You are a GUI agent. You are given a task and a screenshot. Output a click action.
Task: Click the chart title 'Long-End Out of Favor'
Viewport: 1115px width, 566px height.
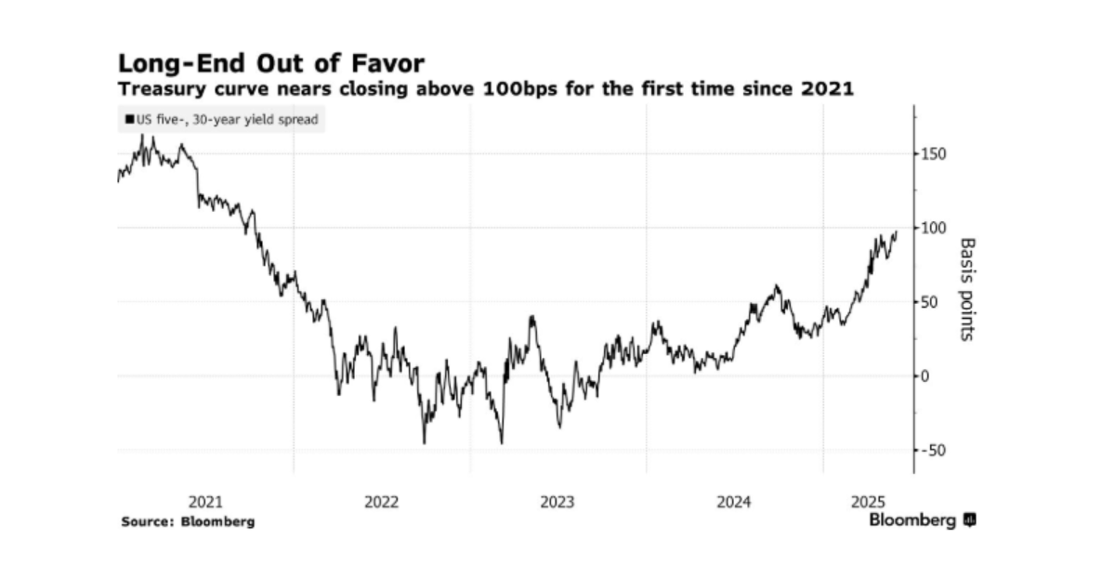[271, 64]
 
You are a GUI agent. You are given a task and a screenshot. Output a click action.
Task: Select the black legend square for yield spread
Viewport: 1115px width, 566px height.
[130, 120]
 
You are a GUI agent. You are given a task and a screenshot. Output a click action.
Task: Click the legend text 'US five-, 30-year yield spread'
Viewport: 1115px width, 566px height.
[227, 120]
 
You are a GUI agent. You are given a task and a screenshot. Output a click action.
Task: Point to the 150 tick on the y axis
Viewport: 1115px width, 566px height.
[933, 154]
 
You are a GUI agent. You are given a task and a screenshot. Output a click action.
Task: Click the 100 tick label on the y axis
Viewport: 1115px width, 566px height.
[933, 229]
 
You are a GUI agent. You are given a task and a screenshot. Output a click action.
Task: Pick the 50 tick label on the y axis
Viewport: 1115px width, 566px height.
[929, 302]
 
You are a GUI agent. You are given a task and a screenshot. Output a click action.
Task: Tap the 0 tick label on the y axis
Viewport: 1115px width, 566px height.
[925, 376]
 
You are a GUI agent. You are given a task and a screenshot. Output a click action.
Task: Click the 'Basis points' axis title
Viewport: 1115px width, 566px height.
[967, 290]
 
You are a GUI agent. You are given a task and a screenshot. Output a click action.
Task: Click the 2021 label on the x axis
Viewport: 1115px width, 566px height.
[205, 502]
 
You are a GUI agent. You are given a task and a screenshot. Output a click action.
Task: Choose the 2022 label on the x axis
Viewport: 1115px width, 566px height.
[381, 502]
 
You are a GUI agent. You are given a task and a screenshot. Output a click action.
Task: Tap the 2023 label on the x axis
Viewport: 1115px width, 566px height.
[557, 502]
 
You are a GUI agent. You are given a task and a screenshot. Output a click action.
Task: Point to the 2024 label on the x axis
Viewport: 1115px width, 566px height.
[734, 502]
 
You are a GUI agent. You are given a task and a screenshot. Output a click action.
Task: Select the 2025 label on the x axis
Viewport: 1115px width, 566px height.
[868, 502]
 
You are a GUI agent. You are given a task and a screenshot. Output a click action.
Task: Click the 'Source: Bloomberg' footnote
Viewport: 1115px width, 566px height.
[188, 521]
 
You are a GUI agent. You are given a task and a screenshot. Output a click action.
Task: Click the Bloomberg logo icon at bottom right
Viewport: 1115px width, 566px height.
[970, 520]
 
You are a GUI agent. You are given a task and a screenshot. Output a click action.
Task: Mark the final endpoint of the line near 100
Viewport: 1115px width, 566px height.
[897, 231]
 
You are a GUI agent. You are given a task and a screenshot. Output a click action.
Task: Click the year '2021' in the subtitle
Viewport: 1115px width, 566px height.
[827, 89]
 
